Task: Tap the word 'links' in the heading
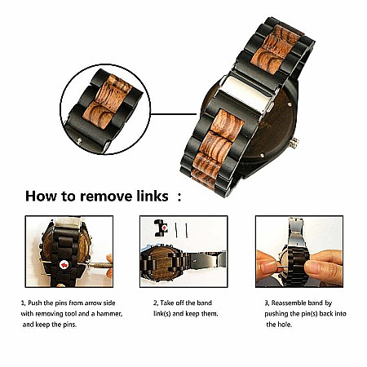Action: coord(153,196)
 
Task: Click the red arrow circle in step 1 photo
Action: coord(64,264)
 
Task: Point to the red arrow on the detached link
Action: coord(165,228)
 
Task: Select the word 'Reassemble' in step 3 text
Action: coord(289,303)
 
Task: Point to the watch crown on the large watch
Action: coord(294,143)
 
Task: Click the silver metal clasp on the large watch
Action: coord(247,95)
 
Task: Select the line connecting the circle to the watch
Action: coord(174,114)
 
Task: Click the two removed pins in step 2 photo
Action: coord(181,230)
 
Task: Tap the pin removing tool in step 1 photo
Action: coord(99,265)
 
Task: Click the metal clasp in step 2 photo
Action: coord(206,259)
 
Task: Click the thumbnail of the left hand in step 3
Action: coord(266,266)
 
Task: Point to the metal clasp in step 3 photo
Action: coord(296,234)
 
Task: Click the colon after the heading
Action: coord(179,197)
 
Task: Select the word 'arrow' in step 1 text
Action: coord(95,303)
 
